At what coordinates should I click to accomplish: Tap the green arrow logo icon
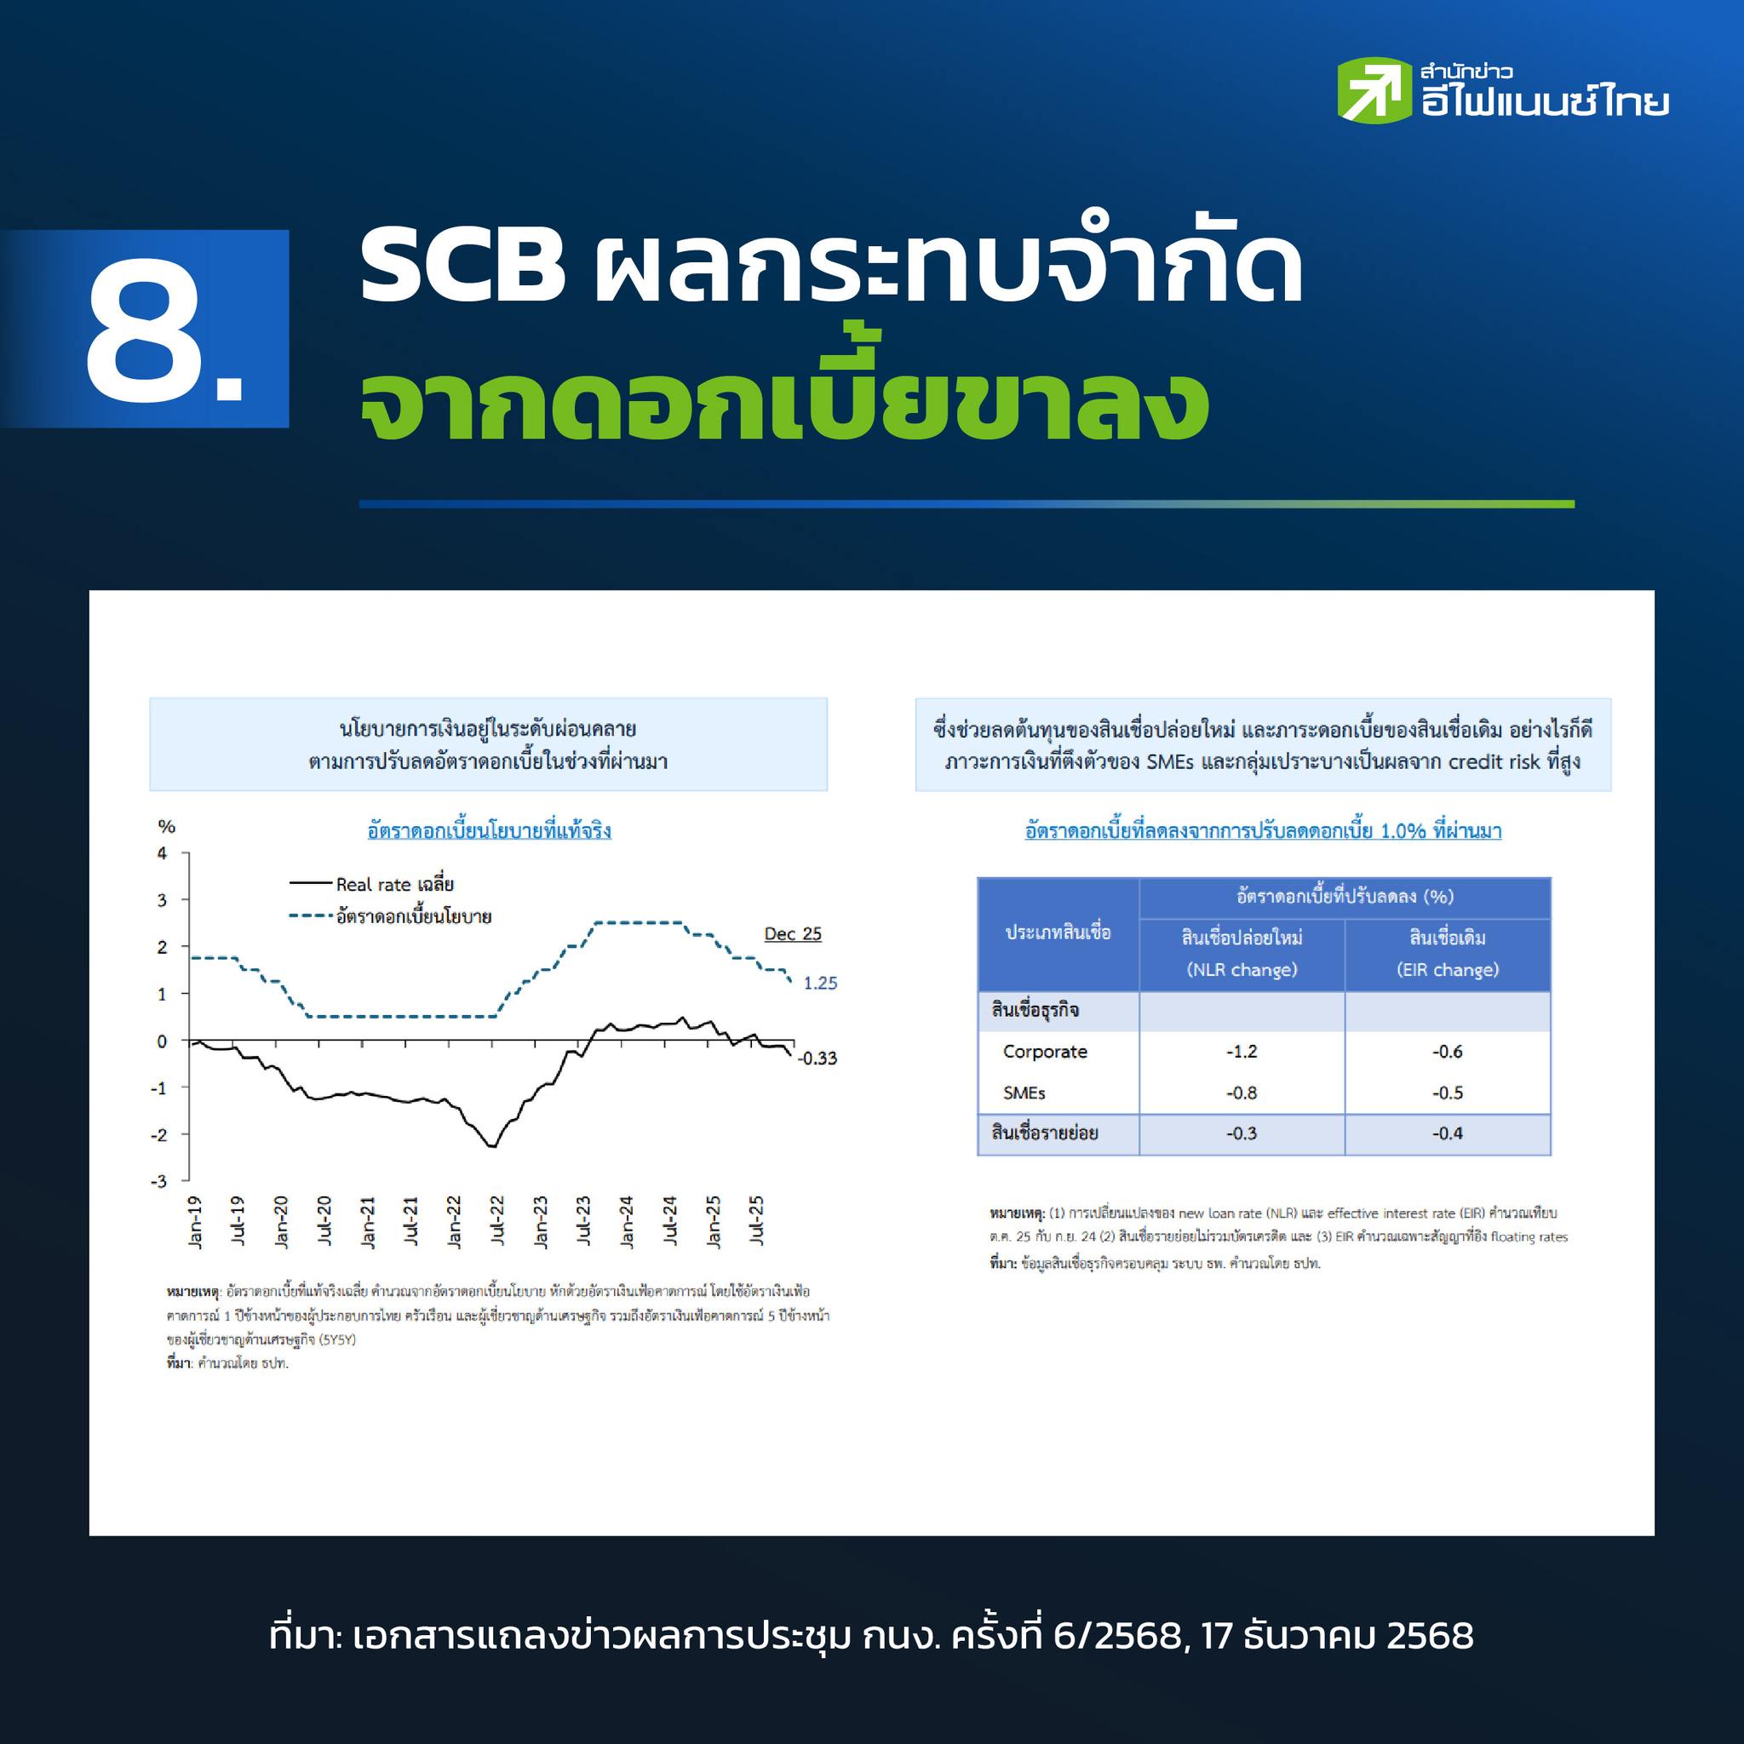1374,90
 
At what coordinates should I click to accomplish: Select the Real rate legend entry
371,884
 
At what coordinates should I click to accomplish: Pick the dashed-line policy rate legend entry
390,916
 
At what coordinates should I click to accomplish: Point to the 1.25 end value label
821,983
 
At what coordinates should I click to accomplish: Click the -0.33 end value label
817,1058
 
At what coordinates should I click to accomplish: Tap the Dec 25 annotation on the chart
793,933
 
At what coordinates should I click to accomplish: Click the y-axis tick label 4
163,853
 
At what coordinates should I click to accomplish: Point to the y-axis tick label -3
159,1182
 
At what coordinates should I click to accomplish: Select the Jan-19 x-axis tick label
195,1223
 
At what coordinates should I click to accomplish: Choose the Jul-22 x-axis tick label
497,1221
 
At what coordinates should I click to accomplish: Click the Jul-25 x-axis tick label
756,1221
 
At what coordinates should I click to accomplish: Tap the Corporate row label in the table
1044,1052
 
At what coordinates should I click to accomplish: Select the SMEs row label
1024,1093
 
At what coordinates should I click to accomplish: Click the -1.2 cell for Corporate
1242,1052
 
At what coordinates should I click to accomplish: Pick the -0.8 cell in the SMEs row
1242,1093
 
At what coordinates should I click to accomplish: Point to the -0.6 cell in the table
1447,1052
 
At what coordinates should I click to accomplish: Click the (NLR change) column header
1242,969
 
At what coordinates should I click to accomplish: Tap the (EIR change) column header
1447,969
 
